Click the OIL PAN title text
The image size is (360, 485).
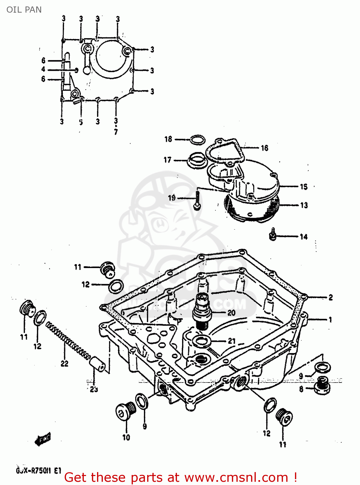coord(24,10)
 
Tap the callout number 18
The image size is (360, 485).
coord(168,139)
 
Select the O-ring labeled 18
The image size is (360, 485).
coord(197,140)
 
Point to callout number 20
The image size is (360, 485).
coord(231,313)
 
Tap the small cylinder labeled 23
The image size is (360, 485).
coord(97,364)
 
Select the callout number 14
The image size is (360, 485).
coord(303,237)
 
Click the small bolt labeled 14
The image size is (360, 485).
coord(273,235)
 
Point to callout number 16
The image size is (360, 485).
coord(265,148)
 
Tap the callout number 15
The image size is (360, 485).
coord(303,187)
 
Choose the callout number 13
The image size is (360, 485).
coord(304,205)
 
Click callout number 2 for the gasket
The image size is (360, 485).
coord(331,297)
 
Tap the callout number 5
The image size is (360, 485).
coord(81,122)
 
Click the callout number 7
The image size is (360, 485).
coord(116,132)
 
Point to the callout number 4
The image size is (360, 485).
coord(43,69)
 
